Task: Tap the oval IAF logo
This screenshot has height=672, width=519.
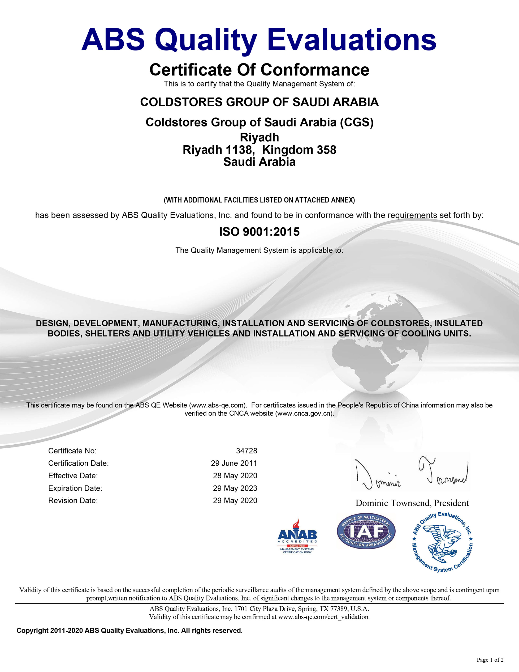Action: pyautogui.click(x=366, y=531)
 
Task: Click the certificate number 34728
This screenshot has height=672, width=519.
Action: pyautogui.click(x=246, y=451)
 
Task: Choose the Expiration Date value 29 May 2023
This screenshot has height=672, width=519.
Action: pyautogui.click(x=235, y=488)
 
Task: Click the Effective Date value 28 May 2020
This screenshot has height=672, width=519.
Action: pyautogui.click(x=235, y=476)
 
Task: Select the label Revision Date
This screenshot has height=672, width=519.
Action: pyautogui.click(x=73, y=501)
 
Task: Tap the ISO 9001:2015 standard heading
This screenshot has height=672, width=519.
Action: pyautogui.click(x=259, y=232)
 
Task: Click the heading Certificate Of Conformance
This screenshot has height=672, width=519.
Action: pyautogui.click(x=259, y=70)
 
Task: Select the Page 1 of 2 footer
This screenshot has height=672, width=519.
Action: pyautogui.click(x=490, y=660)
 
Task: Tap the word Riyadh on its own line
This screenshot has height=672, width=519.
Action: pyautogui.click(x=259, y=137)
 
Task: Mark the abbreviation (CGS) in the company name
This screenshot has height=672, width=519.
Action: pyautogui.click(x=357, y=122)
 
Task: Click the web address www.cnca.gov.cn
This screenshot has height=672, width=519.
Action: pyautogui.click(x=304, y=414)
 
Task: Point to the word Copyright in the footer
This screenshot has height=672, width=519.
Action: pyautogui.click(x=32, y=631)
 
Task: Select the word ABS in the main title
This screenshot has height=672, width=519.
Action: pyautogui.click(x=113, y=40)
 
